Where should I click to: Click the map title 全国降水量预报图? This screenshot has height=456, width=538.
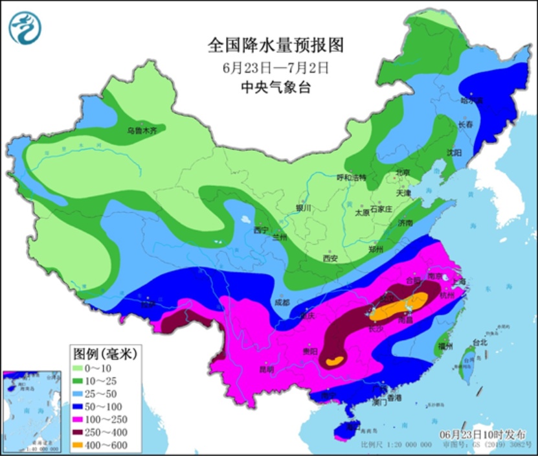[275, 45]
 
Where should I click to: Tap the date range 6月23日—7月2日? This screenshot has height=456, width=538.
[275, 67]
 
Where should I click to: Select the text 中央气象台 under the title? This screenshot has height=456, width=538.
[275, 87]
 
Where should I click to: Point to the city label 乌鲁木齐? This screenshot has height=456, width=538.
[141, 130]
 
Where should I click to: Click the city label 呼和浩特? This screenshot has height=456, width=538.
[351, 177]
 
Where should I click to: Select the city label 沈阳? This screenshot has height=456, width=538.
[454, 153]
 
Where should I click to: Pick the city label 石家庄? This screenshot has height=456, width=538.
[381, 209]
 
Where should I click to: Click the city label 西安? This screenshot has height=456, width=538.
[330, 258]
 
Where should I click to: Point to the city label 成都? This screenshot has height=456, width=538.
[282, 302]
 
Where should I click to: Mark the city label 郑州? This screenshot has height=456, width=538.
[375, 249]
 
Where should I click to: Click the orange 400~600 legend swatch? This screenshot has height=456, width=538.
[82, 445]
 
